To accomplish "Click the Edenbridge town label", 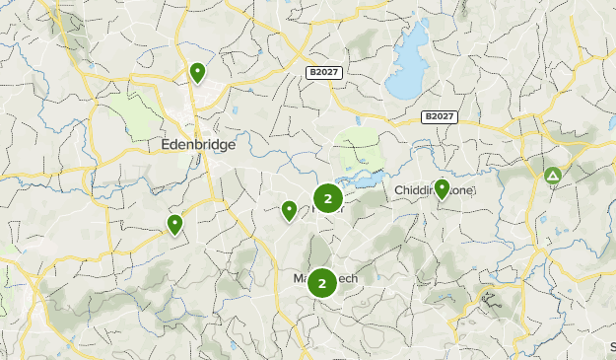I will point(199,144).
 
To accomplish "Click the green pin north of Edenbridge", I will point(197,72).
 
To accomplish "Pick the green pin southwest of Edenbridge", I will point(174,225).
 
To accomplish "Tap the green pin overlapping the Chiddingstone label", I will point(442,188).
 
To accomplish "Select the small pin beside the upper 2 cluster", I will point(289,210).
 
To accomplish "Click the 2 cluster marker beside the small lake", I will point(327,199).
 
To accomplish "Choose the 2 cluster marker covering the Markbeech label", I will point(322,284).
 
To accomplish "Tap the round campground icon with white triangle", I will point(553,177).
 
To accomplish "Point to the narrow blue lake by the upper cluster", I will point(362,180).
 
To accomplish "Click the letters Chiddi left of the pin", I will point(413,189).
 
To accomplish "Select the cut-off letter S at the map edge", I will point(612,347).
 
